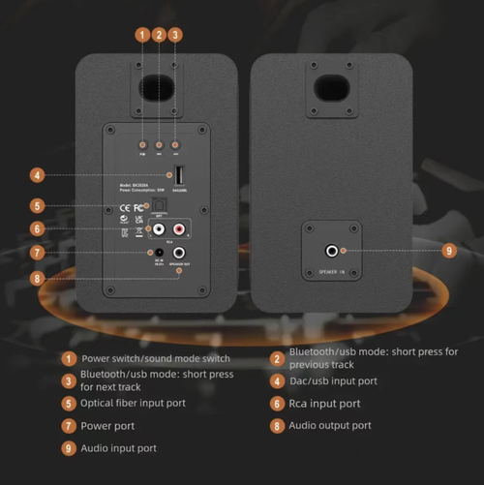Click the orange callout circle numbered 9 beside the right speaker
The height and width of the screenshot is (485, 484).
tap(448, 251)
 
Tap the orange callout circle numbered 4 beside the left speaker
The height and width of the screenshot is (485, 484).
tap(37, 175)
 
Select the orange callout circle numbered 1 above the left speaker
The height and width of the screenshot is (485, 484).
tap(142, 34)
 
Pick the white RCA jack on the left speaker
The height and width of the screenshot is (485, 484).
tap(158, 230)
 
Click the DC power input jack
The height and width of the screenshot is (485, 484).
tap(146, 253)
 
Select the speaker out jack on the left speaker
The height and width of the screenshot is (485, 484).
tap(179, 254)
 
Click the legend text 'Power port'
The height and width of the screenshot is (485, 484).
tap(108, 426)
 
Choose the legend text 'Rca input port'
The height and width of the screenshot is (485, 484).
tap(324, 404)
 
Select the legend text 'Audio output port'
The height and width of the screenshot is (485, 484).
tap(330, 425)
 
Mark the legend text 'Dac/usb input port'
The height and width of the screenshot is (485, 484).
tap(334, 381)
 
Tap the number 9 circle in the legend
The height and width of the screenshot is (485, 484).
tap(68, 448)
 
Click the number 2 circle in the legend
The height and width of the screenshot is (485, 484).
tap(275, 359)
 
